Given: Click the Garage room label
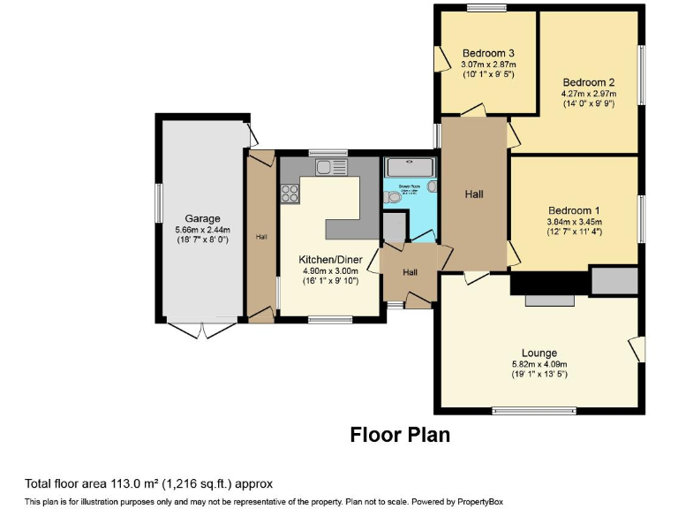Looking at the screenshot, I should (202, 218).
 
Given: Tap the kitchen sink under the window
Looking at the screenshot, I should (334, 166).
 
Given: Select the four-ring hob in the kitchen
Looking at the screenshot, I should (290, 188).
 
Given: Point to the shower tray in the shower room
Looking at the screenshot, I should (410, 166).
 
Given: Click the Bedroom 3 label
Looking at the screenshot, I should (488, 53).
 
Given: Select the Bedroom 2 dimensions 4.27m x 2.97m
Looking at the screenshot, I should (588, 94).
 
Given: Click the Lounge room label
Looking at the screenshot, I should (539, 353).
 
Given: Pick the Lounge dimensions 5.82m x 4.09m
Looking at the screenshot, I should (539, 364).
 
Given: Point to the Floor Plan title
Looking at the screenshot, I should (400, 435).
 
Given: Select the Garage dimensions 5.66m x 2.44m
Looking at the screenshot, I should (202, 230).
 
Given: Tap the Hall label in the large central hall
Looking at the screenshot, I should (473, 194).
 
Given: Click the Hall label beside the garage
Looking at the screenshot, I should (261, 237).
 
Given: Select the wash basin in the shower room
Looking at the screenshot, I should (430, 187).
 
